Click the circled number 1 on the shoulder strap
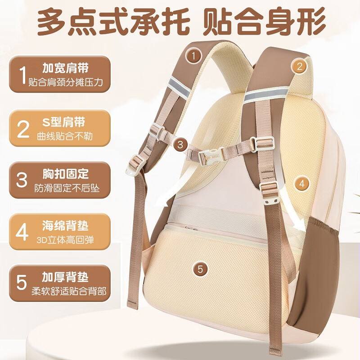pos(193,56)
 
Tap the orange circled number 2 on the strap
pos(300,67)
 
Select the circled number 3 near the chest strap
pos(180,144)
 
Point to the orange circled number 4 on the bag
pos(302,184)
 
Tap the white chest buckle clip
pos(211,156)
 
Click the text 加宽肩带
pos(66,69)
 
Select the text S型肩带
pos(63,121)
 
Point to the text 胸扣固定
pos(66,173)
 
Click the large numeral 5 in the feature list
pos(22,283)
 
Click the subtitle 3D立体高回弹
pos(65,240)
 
